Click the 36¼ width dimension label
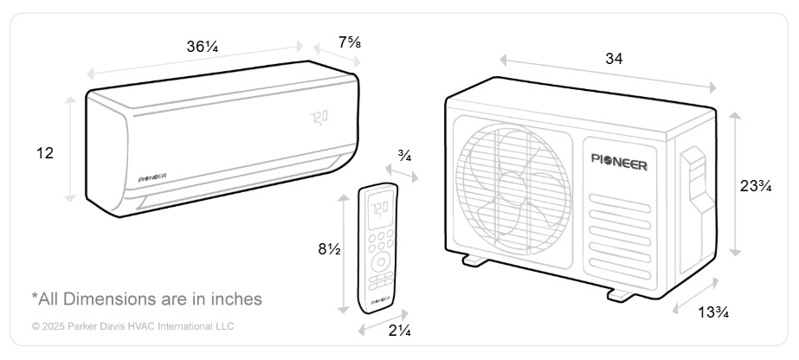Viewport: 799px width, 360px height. point(203,47)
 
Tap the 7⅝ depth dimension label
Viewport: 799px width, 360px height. point(350,42)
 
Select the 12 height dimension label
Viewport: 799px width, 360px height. point(45,153)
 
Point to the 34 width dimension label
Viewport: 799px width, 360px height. point(614,59)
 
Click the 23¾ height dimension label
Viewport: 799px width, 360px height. point(756,186)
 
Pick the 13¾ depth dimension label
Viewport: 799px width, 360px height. point(713,312)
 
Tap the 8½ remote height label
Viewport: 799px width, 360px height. point(329,249)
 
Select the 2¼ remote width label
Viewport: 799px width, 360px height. point(400,331)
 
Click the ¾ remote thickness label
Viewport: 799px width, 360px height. point(405,157)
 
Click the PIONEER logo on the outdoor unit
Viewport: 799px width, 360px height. point(620,159)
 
